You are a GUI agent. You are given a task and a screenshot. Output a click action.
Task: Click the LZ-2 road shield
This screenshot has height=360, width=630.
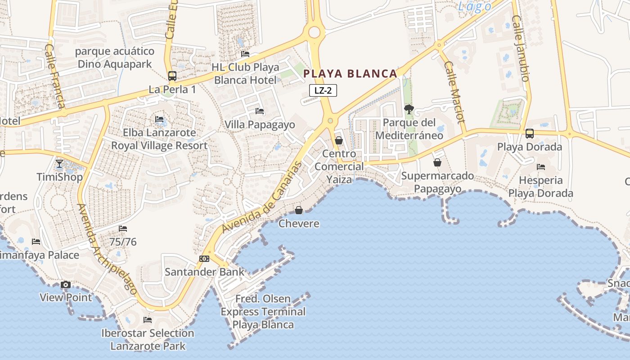[323, 90]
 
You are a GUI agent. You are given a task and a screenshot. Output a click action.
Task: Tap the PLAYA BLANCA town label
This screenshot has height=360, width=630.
[351, 74]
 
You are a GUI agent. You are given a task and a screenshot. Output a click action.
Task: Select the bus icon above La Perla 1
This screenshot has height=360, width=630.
[172, 76]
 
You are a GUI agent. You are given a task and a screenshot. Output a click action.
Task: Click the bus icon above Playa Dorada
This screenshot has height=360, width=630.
[530, 134]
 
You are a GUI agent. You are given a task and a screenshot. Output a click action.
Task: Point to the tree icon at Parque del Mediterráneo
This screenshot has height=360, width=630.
[409, 109]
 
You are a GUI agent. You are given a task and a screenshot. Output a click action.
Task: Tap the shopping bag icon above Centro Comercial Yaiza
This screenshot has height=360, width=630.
[339, 141]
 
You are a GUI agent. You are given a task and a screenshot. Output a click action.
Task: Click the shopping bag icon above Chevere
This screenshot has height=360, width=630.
[298, 210]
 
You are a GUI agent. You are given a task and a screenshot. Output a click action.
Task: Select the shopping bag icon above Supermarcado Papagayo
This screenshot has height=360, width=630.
[437, 162]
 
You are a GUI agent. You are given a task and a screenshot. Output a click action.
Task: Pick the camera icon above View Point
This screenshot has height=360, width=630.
[66, 284]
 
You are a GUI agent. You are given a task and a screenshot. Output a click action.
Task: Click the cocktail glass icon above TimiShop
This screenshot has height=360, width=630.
[59, 163]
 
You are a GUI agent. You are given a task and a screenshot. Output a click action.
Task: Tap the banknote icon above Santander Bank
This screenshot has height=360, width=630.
[204, 259]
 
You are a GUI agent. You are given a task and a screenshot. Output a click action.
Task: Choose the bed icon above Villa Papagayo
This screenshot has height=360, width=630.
[260, 111]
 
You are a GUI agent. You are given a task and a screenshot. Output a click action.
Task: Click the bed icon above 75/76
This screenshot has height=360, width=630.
[123, 229]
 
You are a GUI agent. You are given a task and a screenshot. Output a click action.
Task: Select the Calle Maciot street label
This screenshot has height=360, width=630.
[454, 92]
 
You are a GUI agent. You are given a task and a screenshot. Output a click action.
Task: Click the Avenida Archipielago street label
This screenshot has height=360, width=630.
[107, 249]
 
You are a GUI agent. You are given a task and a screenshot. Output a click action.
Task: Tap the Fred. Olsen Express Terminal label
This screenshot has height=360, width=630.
[263, 311]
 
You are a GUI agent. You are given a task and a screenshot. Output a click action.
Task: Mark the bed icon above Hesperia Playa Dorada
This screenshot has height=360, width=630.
[541, 167]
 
